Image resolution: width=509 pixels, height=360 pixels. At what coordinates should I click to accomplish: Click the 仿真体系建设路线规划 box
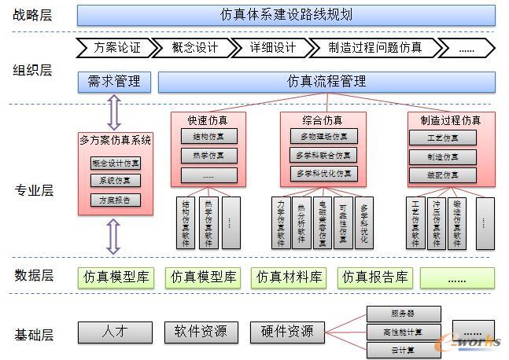point(286,15)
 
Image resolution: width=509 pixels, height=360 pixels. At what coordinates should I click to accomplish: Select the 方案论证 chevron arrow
point(115,47)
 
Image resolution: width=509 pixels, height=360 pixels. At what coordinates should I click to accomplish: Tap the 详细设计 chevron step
point(272,47)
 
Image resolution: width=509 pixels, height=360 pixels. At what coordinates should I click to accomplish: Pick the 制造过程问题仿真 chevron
point(374,47)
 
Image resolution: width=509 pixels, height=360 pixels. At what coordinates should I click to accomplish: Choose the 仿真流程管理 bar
point(326,81)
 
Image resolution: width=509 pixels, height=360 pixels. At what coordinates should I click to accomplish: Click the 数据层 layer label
point(34,275)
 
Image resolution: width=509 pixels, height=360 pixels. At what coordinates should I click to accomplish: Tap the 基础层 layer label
point(34,334)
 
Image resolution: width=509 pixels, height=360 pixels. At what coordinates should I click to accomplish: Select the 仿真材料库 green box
point(290,277)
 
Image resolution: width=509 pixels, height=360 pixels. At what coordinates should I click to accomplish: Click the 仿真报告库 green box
point(375,277)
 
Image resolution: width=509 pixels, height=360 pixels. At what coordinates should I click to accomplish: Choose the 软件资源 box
point(201,332)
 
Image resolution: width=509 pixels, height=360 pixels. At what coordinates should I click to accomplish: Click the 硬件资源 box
point(287,332)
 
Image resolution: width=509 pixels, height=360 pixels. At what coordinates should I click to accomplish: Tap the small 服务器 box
point(398,314)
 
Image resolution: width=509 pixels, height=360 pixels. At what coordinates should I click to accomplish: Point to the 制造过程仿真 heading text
point(451,120)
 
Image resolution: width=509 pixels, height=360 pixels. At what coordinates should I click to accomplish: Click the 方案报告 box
point(116,200)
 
